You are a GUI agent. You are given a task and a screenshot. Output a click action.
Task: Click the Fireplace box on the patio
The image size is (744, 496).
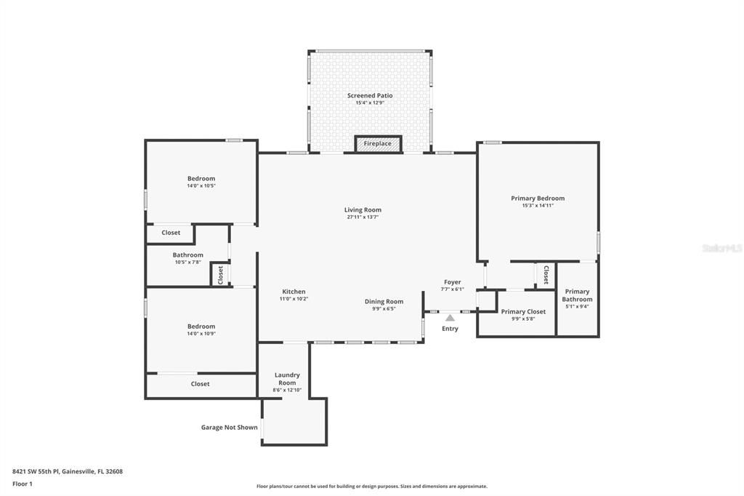click(377, 143)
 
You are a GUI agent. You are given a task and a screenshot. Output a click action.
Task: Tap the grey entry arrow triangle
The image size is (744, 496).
click(450, 317)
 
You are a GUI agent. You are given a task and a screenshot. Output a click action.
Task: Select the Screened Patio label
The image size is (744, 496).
click(370, 95)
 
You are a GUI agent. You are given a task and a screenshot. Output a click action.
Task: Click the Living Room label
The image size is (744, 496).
click(363, 210)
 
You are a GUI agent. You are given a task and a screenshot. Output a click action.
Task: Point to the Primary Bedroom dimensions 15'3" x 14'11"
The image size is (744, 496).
click(538, 205)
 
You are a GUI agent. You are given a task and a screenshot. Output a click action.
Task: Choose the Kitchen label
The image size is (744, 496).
click(294, 292)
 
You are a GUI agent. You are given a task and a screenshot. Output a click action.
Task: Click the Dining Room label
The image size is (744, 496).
click(384, 302)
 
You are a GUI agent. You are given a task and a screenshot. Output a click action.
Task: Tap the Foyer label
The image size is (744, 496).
click(453, 282)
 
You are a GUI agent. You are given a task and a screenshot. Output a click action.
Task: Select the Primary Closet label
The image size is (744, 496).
click(523, 312)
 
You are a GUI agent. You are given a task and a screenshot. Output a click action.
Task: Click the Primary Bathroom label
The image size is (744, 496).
click(578, 295)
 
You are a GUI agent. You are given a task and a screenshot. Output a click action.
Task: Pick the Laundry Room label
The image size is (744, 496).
click(287, 379)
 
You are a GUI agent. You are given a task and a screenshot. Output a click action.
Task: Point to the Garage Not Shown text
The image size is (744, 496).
click(229, 428)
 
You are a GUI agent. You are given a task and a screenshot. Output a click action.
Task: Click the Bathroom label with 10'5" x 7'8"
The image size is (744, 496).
click(187, 255)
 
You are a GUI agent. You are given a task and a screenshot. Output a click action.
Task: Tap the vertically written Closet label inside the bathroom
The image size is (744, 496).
click(220, 275)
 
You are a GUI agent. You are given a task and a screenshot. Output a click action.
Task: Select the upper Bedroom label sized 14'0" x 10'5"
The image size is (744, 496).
click(201, 179)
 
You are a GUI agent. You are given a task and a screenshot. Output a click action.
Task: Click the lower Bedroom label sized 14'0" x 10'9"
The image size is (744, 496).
click(201, 327)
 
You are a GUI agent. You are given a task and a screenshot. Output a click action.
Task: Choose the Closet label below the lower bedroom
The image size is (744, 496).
click(200, 384)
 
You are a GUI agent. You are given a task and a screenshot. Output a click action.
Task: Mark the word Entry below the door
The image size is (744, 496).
click(450, 329)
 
